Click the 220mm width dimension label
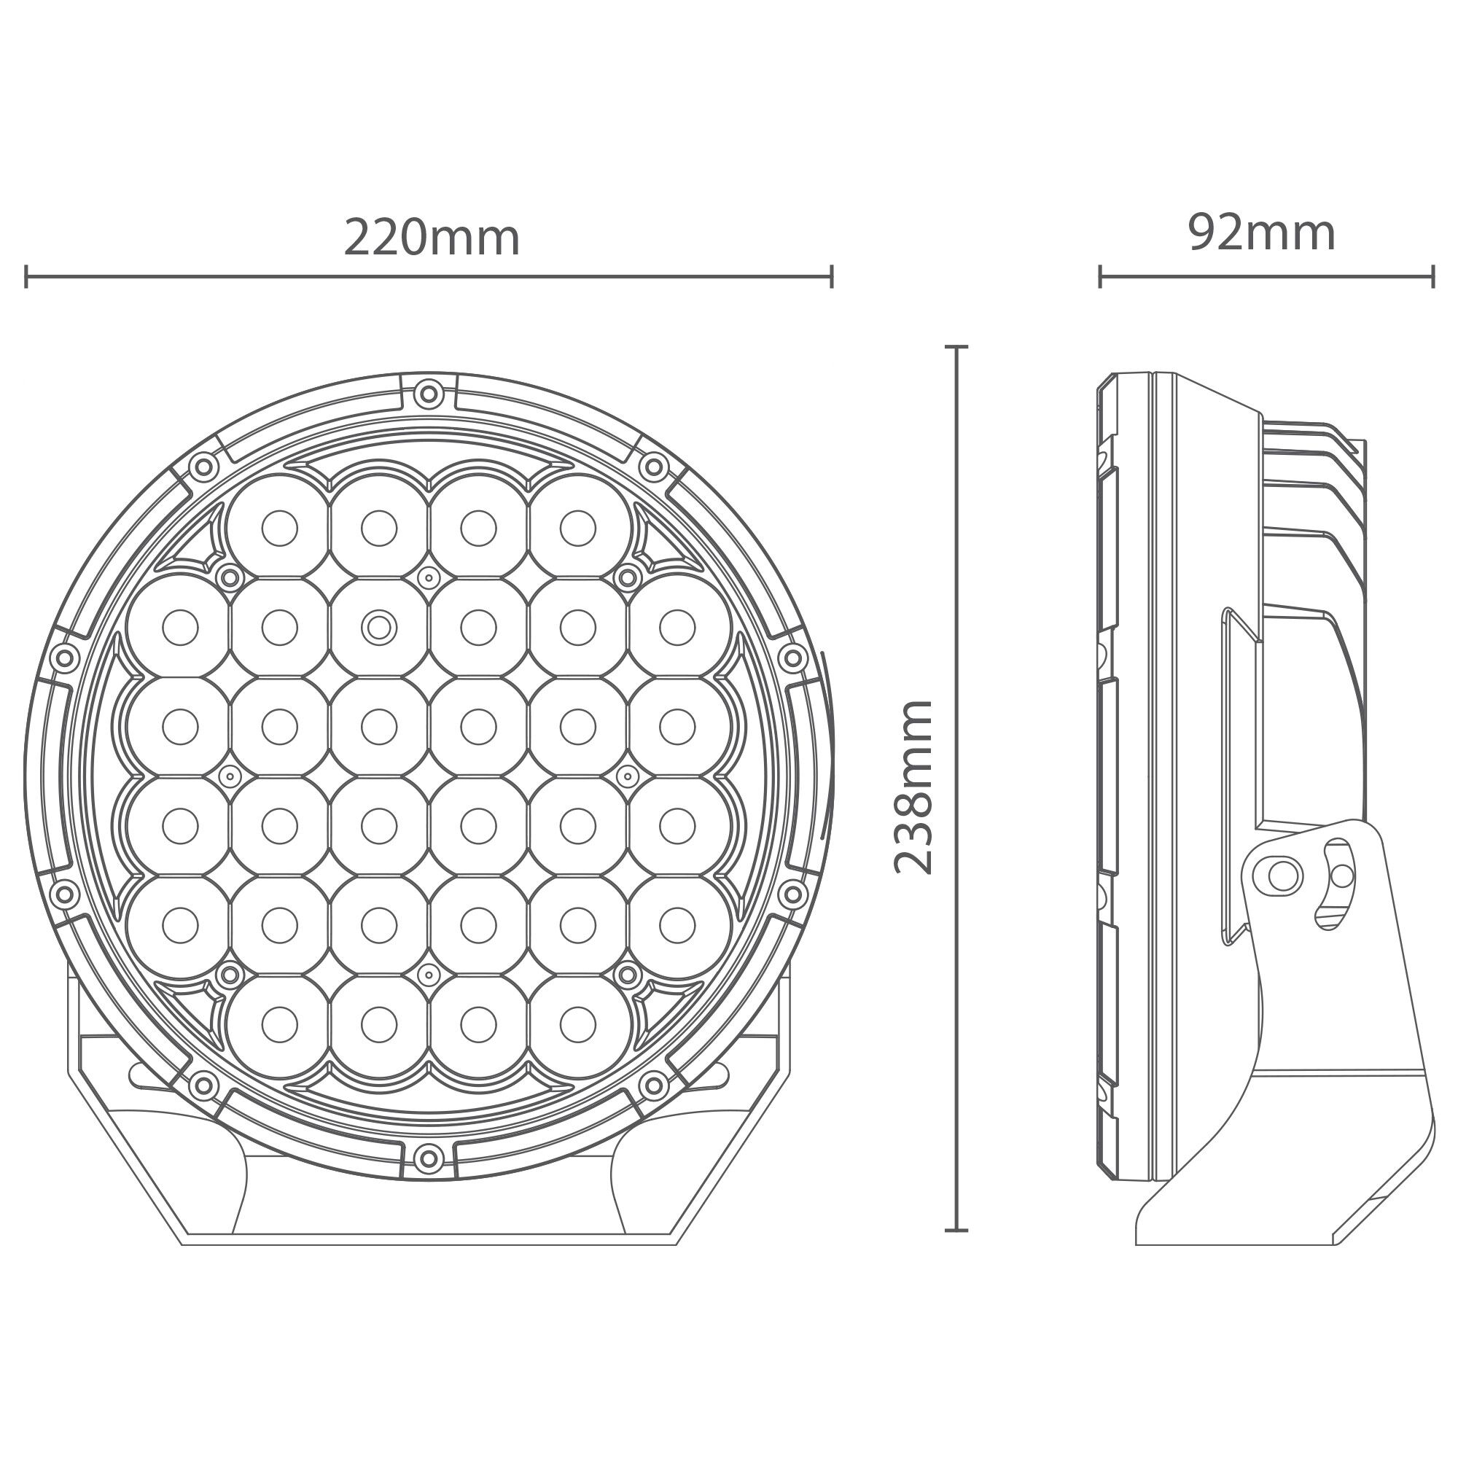(432, 239)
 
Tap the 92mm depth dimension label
(1262, 235)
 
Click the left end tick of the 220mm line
(26, 276)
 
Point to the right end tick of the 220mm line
(831, 276)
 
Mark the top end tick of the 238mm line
(957, 347)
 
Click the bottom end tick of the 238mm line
(957, 1230)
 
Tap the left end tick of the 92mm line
(1100, 276)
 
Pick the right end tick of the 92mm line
(1432, 276)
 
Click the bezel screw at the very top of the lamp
(428, 392)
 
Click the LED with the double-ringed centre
(379, 626)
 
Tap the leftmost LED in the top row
(279, 528)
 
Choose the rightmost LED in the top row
(578, 528)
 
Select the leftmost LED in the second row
(179, 626)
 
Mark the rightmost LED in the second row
(677, 626)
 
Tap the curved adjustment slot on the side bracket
(1336, 881)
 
